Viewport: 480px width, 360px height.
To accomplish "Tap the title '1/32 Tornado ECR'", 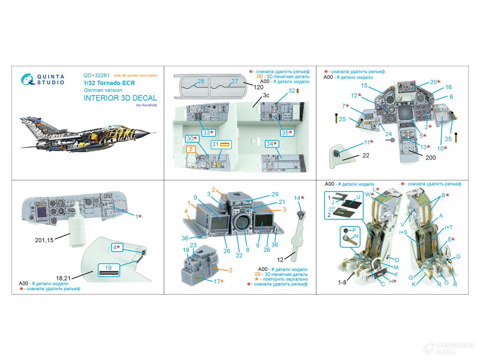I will [x=109, y=83].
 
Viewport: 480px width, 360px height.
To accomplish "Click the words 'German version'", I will [x=103, y=90].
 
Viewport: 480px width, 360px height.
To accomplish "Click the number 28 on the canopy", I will [x=201, y=81].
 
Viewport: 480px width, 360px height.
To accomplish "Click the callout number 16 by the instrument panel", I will [x=448, y=87].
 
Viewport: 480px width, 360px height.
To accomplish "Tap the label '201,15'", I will [x=44, y=240].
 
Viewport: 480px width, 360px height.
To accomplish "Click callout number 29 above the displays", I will [x=275, y=194].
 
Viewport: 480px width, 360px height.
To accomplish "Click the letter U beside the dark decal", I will [x=358, y=197].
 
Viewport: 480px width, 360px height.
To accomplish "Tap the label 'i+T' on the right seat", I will [x=449, y=227].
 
